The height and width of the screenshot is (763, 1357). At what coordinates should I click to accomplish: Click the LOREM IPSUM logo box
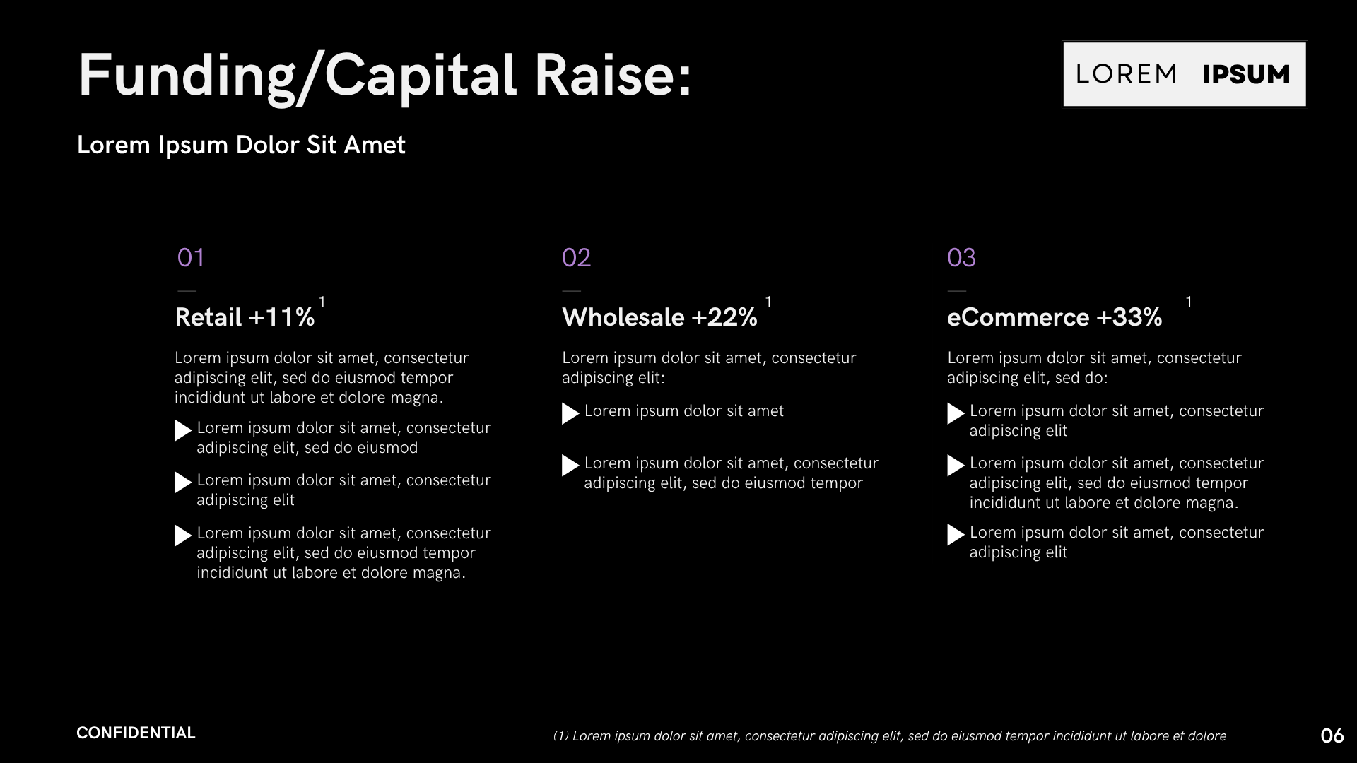pyautogui.click(x=1185, y=74)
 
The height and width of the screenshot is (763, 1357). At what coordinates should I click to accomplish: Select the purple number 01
pyautogui.click(x=191, y=258)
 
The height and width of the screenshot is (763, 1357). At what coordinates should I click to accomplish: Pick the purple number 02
pyautogui.click(x=576, y=258)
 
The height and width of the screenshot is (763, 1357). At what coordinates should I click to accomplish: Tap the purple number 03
pyautogui.click(x=961, y=258)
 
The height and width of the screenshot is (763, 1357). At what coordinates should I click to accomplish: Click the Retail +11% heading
pyautogui.click(x=245, y=317)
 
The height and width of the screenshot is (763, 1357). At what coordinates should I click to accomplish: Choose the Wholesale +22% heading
pyautogui.click(x=659, y=317)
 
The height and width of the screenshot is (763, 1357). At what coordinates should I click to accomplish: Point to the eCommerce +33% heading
pyautogui.click(x=1055, y=317)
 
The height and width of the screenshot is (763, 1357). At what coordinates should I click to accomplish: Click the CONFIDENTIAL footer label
pyautogui.click(x=136, y=733)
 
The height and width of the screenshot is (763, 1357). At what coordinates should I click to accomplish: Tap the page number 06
pyautogui.click(x=1332, y=736)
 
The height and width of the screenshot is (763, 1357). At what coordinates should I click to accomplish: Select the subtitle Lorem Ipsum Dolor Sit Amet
pyautogui.click(x=241, y=145)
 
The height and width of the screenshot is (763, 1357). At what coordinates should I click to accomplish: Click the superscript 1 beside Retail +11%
pyautogui.click(x=322, y=302)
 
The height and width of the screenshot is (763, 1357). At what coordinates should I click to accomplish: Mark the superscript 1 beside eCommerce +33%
pyautogui.click(x=1189, y=302)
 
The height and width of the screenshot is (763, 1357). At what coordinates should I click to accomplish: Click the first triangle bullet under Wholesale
pyautogui.click(x=570, y=413)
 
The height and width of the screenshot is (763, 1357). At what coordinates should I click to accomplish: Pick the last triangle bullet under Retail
pyautogui.click(x=182, y=536)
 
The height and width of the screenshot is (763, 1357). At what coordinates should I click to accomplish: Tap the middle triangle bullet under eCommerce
pyautogui.click(x=955, y=466)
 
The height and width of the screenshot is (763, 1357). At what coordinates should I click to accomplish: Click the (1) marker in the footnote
pyautogui.click(x=560, y=736)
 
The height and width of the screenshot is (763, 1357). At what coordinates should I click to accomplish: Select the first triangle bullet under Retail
pyautogui.click(x=182, y=430)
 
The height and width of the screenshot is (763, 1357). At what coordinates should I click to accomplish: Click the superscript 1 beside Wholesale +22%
pyautogui.click(x=768, y=302)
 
